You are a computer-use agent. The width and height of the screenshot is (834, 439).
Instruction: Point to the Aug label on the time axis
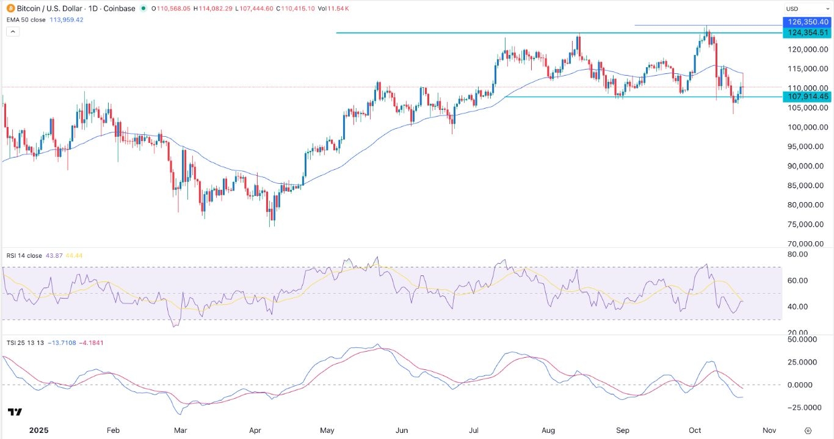[548, 430]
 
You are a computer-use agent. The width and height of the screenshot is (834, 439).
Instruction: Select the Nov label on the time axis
[769, 430]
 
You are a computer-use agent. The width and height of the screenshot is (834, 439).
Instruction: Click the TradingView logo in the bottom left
[15, 412]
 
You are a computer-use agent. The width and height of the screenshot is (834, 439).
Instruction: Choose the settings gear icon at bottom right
[808, 430]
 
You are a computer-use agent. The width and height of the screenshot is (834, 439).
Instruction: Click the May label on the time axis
[327, 430]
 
